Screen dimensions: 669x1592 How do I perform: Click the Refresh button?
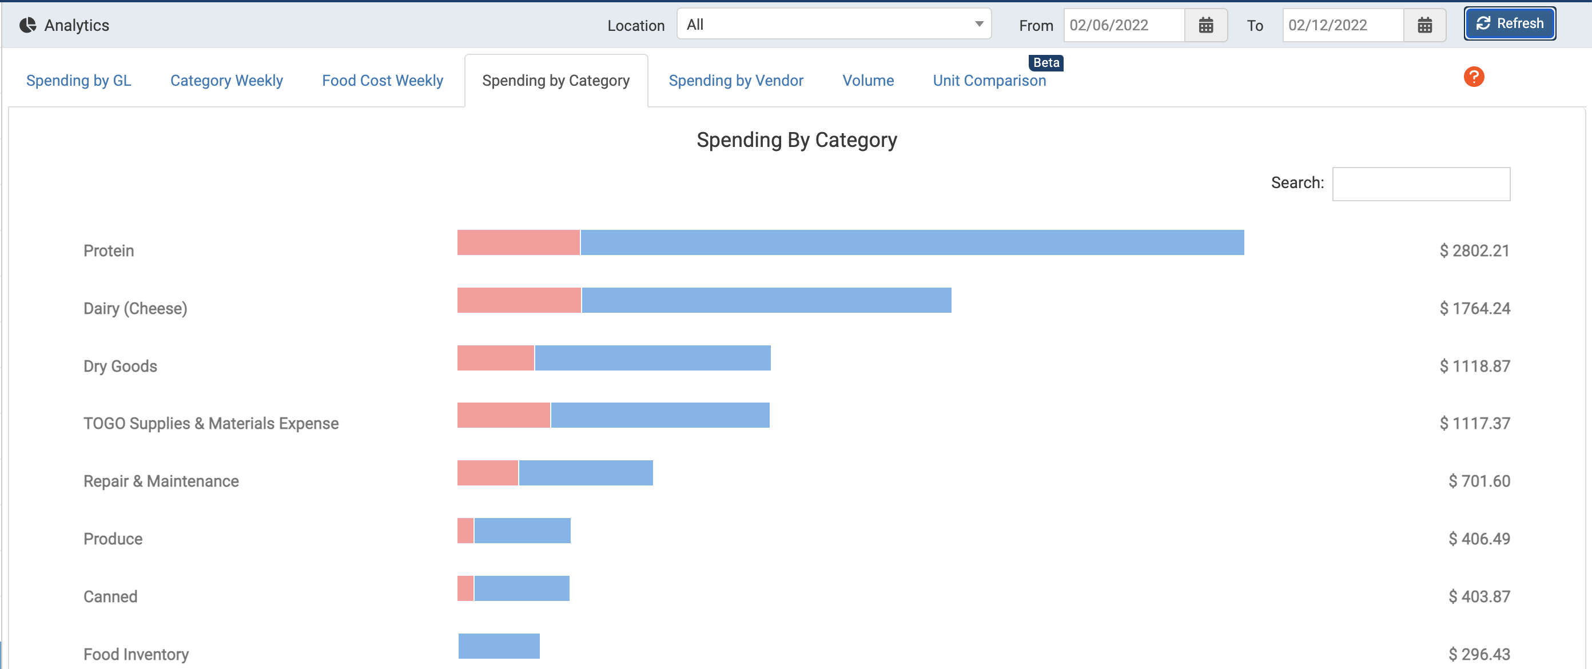click(1509, 24)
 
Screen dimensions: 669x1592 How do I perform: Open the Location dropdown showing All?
click(833, 25)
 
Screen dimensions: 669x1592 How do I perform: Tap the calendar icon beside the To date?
click(1424, 25)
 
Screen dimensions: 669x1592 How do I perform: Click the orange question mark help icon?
click(1473, 77)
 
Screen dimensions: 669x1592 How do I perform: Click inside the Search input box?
click(1421, 184)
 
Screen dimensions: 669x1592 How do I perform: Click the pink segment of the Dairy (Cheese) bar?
click(519, 300)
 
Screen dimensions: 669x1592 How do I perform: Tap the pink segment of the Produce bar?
click(465, 531)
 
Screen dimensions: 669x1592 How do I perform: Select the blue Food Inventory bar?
click(499, 646)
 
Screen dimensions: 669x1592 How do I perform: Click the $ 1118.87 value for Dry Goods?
click(1475, 367)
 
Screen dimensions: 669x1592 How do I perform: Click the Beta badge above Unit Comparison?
click(1046, 63)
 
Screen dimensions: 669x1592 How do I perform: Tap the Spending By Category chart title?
click(796, 140)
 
